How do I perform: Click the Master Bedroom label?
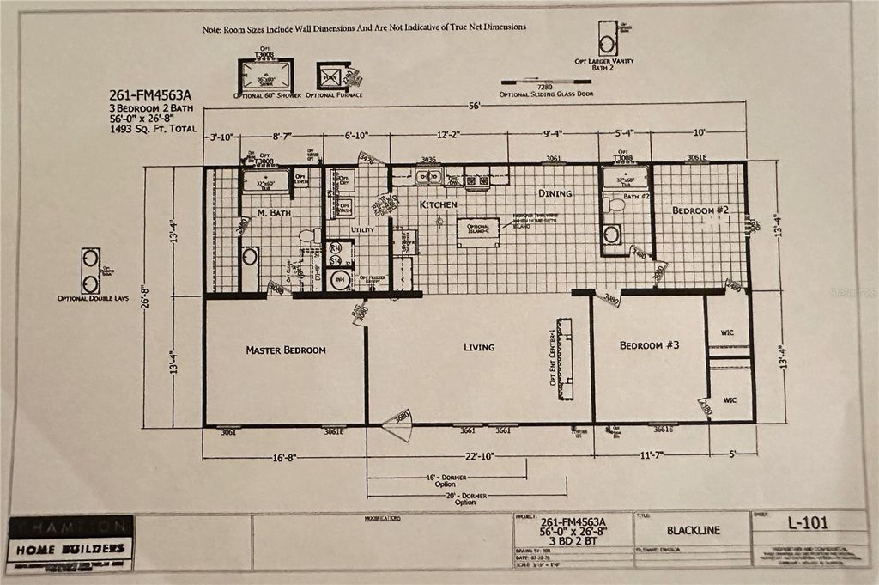pos(286,350)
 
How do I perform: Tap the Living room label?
pos(479,347)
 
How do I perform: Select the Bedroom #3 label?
pos(650,345)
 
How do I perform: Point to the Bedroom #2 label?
pos(700,210)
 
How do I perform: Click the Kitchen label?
pos(438,205)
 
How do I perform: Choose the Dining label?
pos(555,193)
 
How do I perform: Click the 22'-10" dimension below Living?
pos(481,458)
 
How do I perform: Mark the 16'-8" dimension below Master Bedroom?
pos(284,458)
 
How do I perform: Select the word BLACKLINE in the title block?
pos(694,530)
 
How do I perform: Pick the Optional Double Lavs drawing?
pos(91,271)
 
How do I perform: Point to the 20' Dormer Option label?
pos(465,498)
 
